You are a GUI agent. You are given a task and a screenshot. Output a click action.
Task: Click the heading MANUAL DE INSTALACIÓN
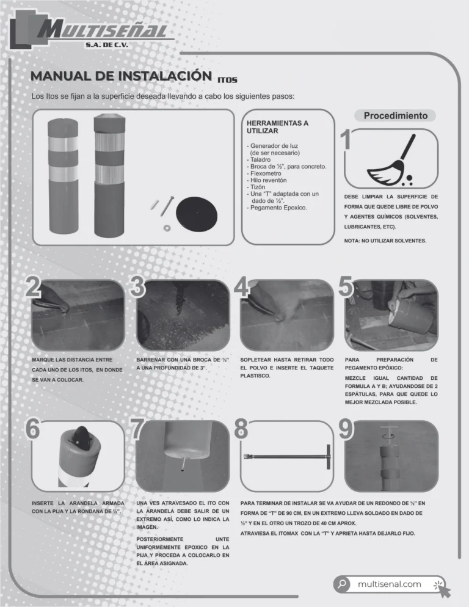pos(122,76)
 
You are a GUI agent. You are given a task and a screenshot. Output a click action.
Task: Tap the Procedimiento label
pos(396,115)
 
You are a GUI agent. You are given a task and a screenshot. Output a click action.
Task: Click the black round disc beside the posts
pos(197,214)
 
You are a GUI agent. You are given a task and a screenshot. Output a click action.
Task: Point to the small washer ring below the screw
pos(167,228)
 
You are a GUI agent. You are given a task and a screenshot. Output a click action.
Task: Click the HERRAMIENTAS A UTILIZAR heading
pos(277,127)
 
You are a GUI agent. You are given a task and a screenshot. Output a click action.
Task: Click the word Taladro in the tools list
pos(260,159)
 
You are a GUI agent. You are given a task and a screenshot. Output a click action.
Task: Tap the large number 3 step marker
pos(138,287)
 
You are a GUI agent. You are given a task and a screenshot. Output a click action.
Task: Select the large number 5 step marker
pos(346,287)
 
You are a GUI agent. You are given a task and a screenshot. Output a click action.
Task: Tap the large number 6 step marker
pos(32,429)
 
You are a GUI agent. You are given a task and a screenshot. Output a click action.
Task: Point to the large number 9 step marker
pos(346,429)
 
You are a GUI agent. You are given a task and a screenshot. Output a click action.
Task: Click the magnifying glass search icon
pos(341,584)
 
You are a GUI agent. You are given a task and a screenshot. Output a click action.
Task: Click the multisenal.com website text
pos(389,584)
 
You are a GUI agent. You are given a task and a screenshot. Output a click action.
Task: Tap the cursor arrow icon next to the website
pos(442,588)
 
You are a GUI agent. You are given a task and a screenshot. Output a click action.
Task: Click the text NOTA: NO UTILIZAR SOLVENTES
pos(385,241)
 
